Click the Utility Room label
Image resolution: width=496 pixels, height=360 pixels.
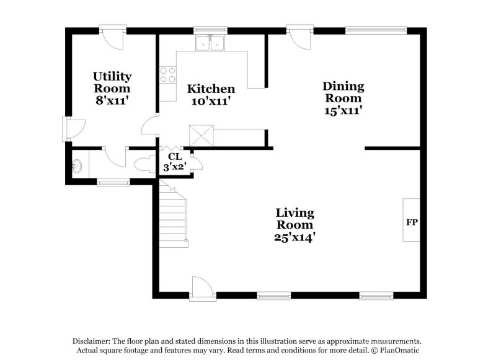[112, 82]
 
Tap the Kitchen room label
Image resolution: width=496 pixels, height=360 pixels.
[211, 89]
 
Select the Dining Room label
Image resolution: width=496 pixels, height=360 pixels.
[343, 92]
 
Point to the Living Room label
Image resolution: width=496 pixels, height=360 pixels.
[294, 218]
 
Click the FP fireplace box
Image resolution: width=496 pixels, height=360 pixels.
[411, 221]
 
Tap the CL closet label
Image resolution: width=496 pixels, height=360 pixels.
[174, 157]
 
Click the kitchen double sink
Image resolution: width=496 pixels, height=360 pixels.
[210, 43]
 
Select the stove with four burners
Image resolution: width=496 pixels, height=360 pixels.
[167, 75]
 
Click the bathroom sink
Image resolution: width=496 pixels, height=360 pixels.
[77, 166]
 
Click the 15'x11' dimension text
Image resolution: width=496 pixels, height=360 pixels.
[343, 110]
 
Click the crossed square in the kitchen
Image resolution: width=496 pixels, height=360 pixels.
[201, 134]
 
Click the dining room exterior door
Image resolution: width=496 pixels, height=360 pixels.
[298, 38]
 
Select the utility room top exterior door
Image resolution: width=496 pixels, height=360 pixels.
[115, 38]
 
